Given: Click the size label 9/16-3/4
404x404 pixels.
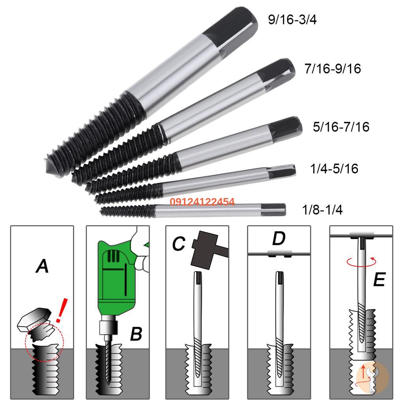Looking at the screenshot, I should click(x=292, y=19).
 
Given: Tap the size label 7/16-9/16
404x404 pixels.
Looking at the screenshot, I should click(x=333, y=69).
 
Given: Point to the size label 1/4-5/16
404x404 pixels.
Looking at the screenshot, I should click(x=334, y=168).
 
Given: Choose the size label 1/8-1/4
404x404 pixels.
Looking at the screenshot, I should click(x=322, y=209).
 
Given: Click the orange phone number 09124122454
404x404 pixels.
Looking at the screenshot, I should click(x=202, y=202).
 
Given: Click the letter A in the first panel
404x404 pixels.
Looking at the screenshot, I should click(x=42, y=266).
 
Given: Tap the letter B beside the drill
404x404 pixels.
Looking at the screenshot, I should click(x=136, y=335).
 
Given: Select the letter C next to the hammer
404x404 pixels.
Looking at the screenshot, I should click(x=178, y=244).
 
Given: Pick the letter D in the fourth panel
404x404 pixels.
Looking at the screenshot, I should click(x=279, y=239).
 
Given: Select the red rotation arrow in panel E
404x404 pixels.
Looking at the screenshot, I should click(x=359, y=262).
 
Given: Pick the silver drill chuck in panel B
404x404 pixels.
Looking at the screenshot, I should click(x=109, y=327).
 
